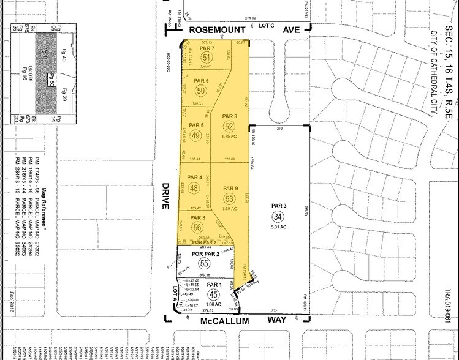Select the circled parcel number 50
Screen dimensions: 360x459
click(201, 91)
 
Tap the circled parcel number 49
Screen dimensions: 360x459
click(196, 135)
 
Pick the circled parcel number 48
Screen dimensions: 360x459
click(194, 188)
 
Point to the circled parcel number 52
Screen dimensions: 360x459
click(229, 126)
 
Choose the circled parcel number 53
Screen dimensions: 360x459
click(229, 198)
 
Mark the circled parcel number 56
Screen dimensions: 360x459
click(197, 227)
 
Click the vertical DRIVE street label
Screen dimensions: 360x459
click(165, 195)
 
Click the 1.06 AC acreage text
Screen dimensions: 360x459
click(213, 304)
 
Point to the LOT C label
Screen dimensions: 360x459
click(265, 26)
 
